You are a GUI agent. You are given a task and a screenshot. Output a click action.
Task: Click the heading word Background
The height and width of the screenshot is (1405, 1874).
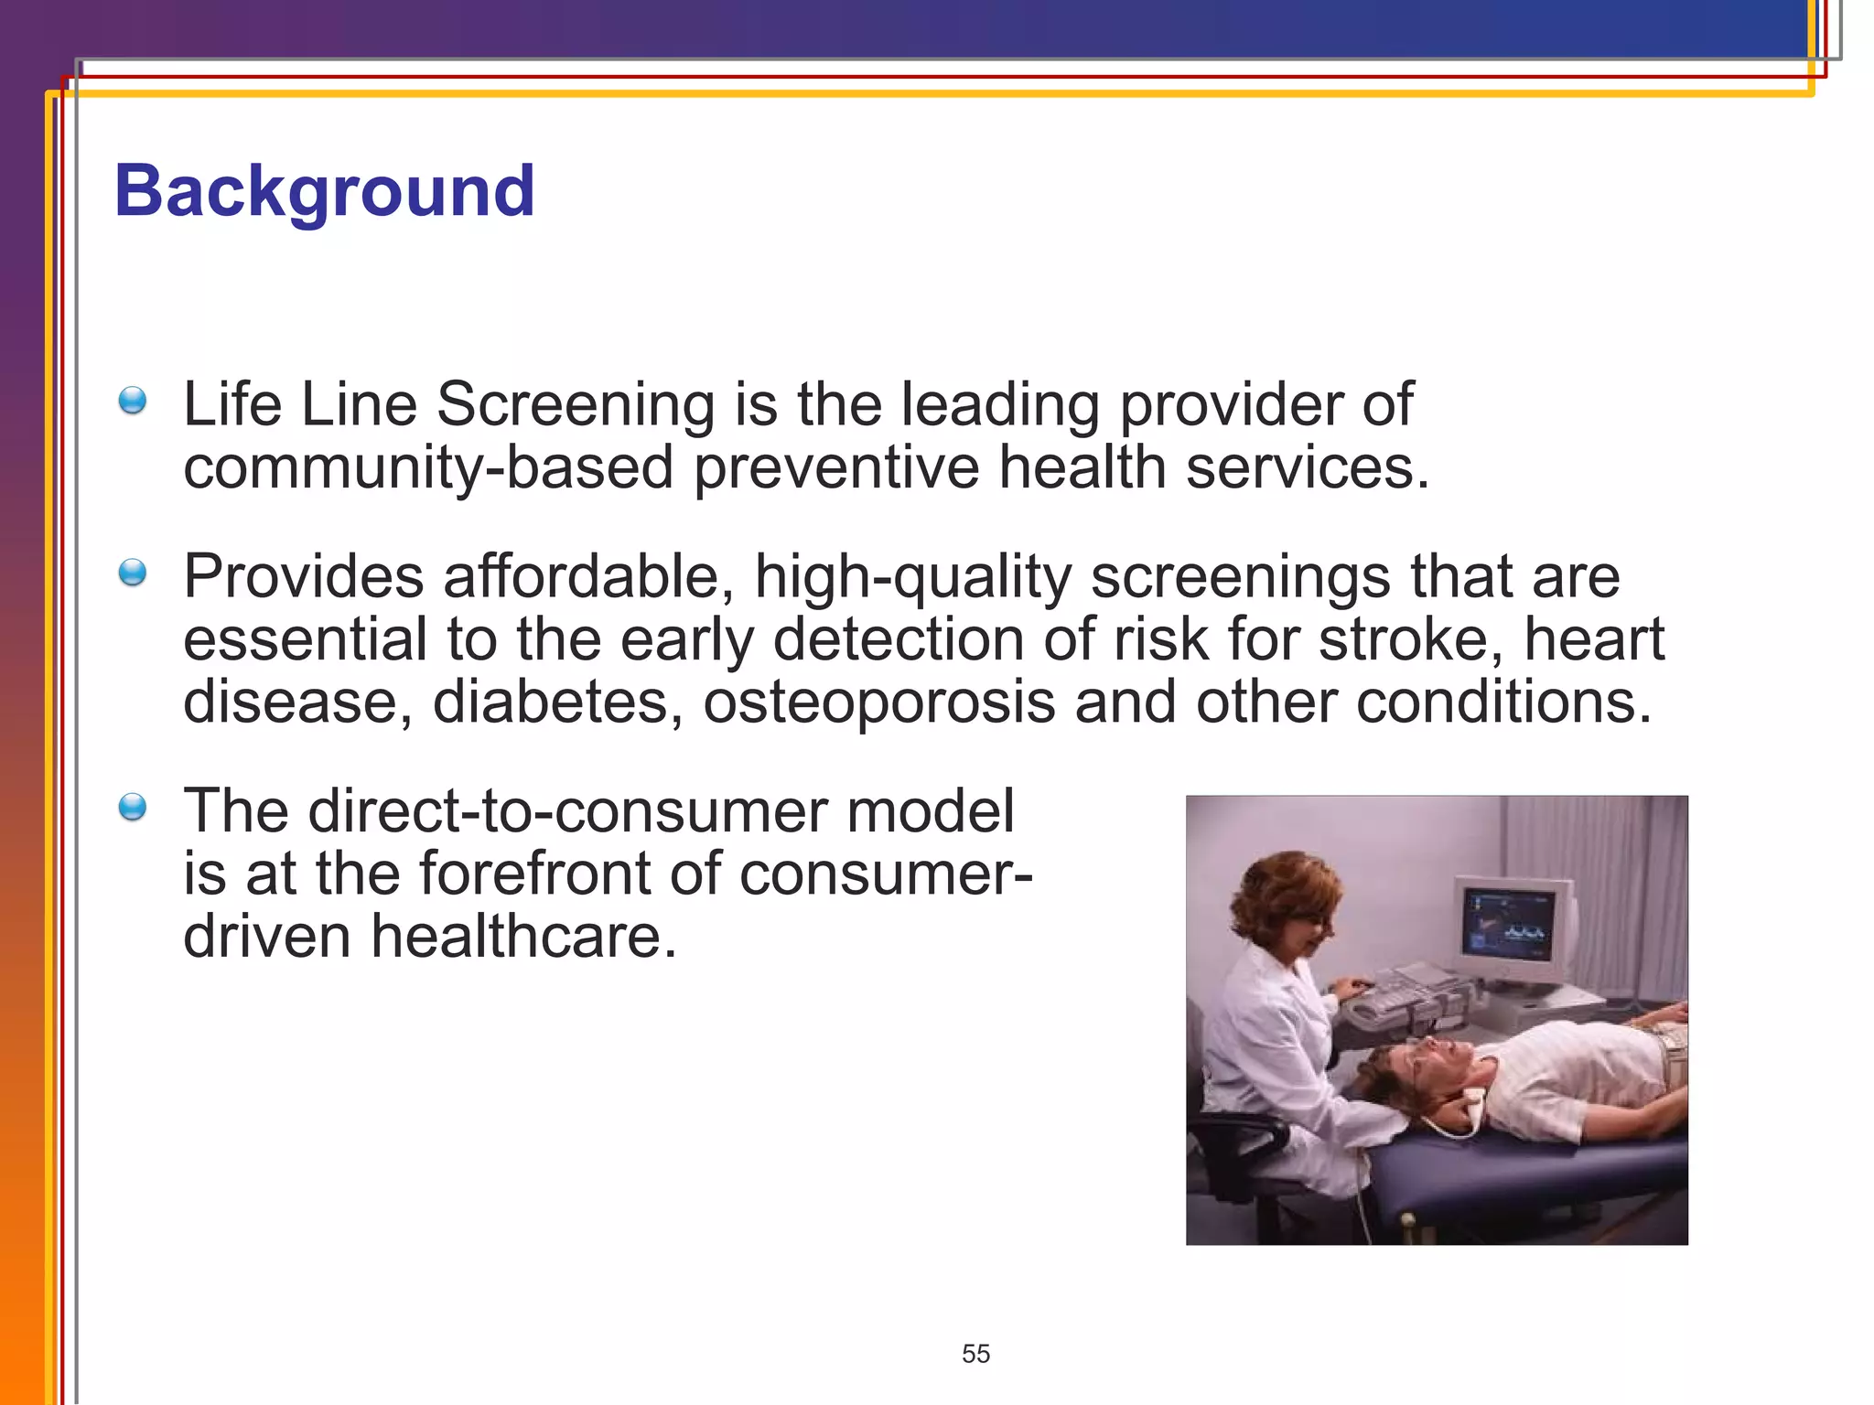click(324, 191)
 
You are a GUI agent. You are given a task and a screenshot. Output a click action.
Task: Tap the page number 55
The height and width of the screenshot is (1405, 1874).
click(975, 1353)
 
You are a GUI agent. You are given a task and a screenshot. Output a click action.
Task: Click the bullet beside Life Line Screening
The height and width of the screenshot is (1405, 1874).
click(133, 401)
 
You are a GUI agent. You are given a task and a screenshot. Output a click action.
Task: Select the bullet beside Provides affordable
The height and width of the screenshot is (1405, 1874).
click(133, 573)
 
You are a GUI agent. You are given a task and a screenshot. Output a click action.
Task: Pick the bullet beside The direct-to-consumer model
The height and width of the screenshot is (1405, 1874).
click(133, 807)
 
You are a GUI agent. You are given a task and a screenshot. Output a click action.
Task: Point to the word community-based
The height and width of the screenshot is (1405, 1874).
click(427, 467)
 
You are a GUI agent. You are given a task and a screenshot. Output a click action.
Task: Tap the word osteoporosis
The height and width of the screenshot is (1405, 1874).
click(878, 702)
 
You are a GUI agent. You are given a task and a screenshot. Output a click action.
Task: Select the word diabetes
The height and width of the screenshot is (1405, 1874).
click(557, 702)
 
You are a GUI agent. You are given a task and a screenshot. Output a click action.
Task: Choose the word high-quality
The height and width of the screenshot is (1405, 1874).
click(912, 577)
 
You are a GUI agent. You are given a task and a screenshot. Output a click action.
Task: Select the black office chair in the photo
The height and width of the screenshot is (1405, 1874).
click(1235, 1143)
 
